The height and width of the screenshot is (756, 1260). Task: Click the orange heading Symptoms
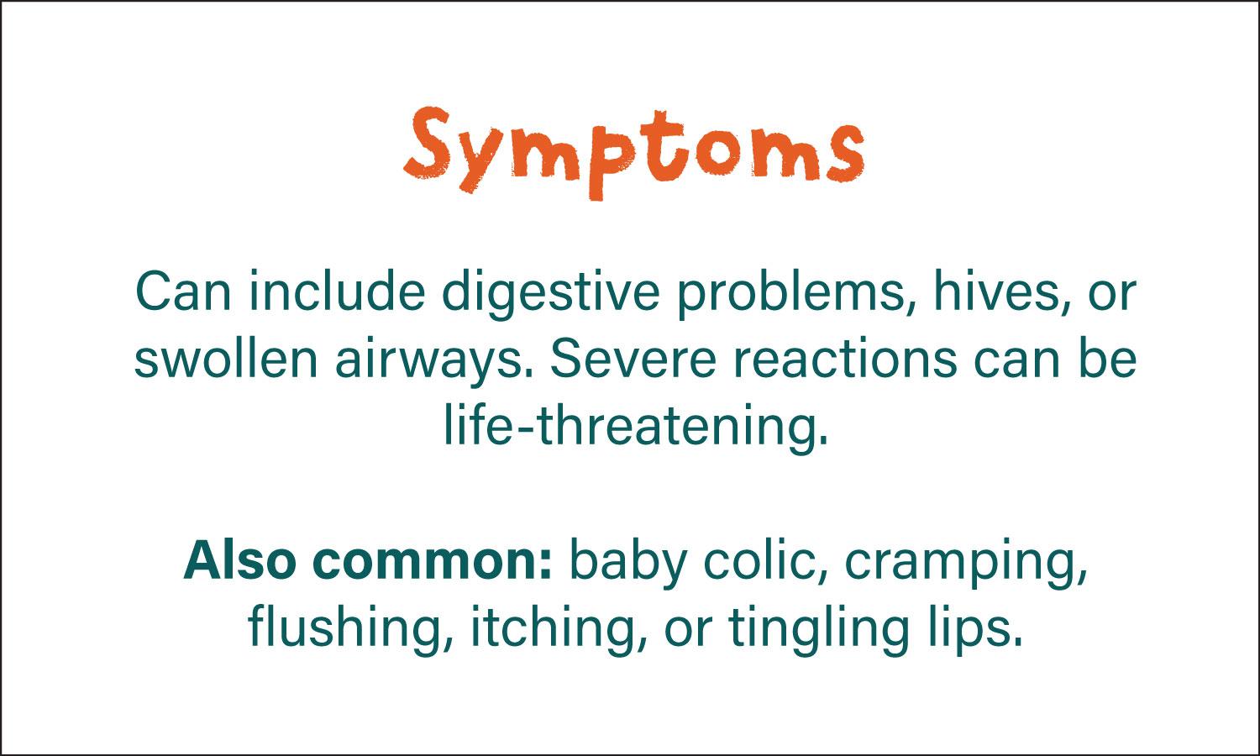(634, 152)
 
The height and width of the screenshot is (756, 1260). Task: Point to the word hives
(1002, 291)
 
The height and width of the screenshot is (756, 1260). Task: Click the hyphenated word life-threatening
(636, 427)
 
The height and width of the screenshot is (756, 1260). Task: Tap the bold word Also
(239, 560)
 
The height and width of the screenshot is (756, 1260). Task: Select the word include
(336, 291)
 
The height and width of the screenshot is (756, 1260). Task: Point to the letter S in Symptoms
(428, 142)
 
